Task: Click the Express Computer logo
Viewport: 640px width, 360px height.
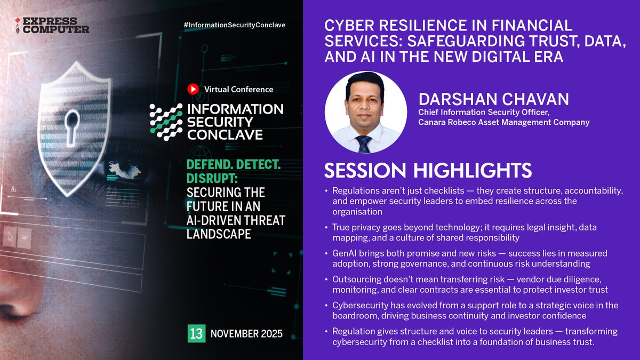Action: click(x=52, y=25)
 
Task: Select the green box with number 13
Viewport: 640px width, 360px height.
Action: click(x=196, y=334)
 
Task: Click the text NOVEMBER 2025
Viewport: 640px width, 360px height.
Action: click(x=247, y=334)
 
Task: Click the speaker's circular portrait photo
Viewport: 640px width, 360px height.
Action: click(x=366, y=113)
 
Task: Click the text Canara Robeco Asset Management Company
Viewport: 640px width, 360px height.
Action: click(x=503, y=122)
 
